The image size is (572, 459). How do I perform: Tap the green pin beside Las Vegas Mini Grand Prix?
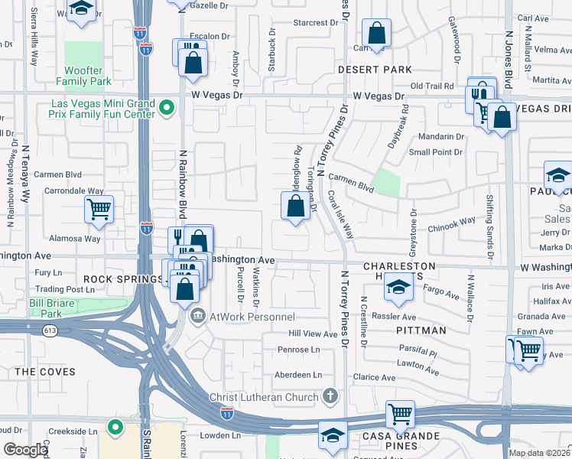167,109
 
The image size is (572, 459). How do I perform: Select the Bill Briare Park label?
55,308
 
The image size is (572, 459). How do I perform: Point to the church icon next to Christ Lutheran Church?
330,396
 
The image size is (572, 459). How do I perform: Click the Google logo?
25,450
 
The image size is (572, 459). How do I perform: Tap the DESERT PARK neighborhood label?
375,70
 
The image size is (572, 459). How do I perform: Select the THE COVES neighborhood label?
46,372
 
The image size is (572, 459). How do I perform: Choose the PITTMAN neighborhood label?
421,330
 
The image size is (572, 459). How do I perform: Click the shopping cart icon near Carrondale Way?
99,209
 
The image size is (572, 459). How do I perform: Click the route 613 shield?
51,330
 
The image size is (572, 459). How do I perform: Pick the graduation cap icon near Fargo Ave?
397,288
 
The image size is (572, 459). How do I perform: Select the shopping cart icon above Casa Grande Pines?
400,414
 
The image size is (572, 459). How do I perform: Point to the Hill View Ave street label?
313,334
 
